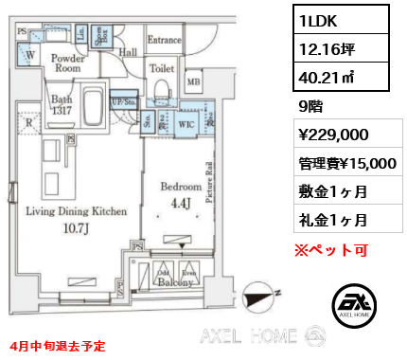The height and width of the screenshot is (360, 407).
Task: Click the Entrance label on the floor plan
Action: [x=165, y=40]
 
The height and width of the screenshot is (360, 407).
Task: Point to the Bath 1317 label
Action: [x=62, y=103]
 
